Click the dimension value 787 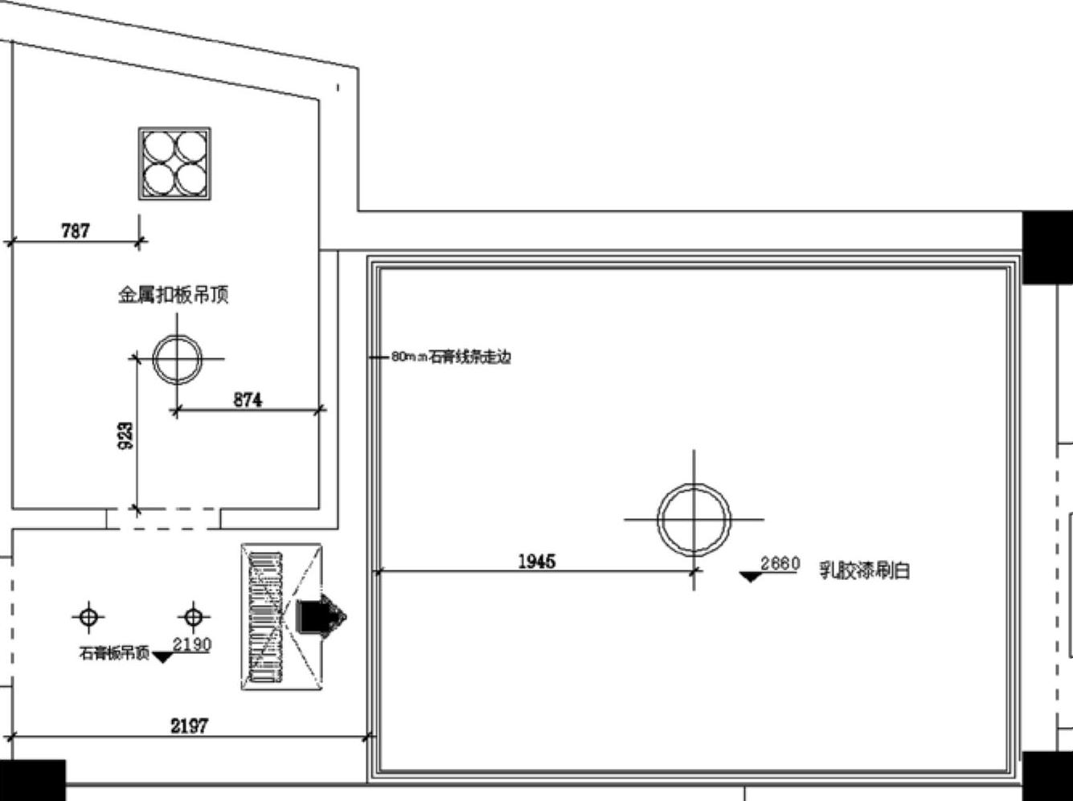pos(76,231)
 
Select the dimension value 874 pos(248,399)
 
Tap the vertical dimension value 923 pos(126,435)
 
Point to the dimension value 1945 pos(536,561)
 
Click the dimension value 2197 pos(189,725)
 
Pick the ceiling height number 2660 pos(780,563)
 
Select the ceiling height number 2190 pos(192,644)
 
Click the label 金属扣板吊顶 pos(174,295)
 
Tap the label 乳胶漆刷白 pos(864,570)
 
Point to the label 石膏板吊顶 pos(114,653)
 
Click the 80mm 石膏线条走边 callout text pos(451,357)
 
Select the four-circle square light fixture pos(174,164)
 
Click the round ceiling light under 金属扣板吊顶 pos(177,359)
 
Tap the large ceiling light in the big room pos(694,520)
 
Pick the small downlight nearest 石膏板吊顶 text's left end pos(88,617)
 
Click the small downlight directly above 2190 pos(193,617)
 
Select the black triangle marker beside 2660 pos(750,576)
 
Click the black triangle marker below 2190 pos(163,657)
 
